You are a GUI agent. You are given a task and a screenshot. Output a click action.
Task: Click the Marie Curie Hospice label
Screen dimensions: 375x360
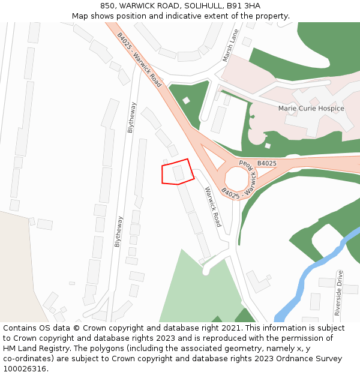click(x=311, y=109)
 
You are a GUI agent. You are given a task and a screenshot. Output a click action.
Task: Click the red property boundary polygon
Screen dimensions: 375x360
click(x=178, y=172)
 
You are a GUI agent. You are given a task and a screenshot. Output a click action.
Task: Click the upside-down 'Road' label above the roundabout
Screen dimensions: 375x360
click(x=248, y=163)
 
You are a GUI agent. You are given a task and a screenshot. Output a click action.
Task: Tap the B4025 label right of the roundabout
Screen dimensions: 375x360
click(x=267, y=163)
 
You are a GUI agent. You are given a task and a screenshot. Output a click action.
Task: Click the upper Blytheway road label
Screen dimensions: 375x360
click(x=131, y=117)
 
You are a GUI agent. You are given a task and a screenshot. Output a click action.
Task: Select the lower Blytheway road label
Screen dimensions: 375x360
click(x=118, y=231)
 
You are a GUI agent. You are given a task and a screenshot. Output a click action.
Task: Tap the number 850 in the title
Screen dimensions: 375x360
click(x=109, y=6)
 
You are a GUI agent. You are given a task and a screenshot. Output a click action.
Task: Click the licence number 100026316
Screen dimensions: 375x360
click(x=25, y=369)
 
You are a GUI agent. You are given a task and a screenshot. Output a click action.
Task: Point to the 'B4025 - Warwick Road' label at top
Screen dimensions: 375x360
click(x=139, y=59)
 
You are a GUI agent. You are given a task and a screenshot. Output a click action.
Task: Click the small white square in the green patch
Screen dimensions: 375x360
click(x=186, y=100)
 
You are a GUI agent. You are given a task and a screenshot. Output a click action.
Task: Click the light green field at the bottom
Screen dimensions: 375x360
click(x=192, y=288)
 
